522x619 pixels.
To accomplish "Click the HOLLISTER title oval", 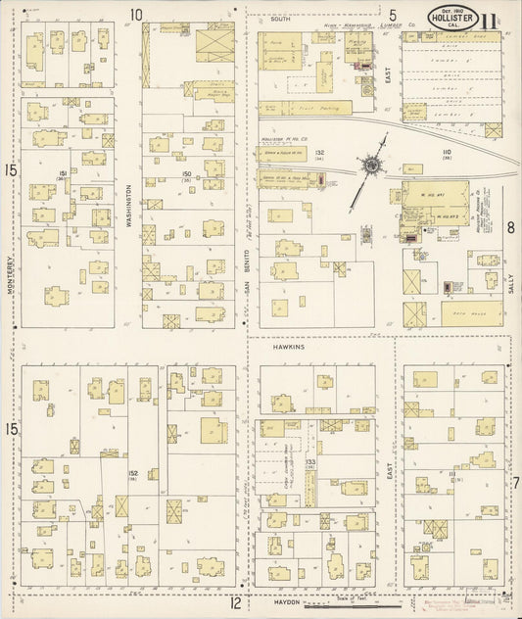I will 452,18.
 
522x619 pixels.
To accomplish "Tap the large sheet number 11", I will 488,19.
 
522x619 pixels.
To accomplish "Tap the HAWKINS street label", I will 290,347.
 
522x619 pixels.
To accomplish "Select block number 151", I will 62,173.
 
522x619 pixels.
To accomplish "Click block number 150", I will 185,173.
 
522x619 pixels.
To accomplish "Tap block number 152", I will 131,473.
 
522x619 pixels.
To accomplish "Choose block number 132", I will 320,153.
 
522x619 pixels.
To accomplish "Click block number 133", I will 309,460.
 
